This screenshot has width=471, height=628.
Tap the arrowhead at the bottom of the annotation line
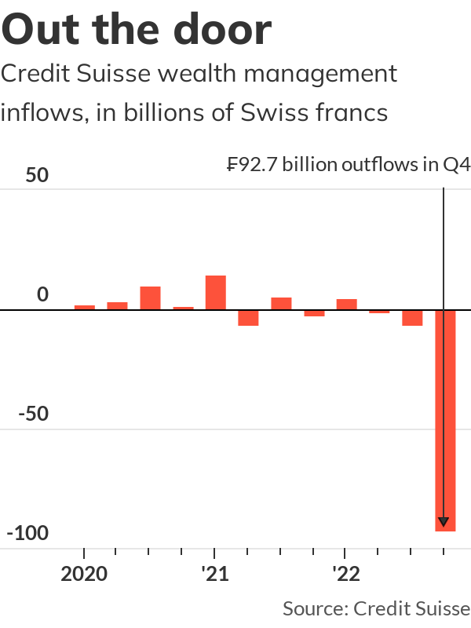coord(444,522)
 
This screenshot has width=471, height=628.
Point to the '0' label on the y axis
coord(43,295)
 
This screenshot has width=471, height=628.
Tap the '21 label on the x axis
coord(214,574)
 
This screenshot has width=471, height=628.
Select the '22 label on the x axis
coord(345,574)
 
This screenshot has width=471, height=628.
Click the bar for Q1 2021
coord(215,293)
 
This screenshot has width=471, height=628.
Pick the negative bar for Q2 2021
coord(248,317)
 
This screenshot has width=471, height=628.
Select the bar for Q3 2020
coord(150,298)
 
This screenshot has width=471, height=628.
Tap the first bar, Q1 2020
coord(85,308)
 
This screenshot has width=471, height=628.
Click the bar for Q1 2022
coord(346,305)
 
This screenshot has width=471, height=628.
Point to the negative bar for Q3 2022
coord(412,317)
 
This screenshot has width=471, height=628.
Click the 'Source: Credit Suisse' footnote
coord(376,608)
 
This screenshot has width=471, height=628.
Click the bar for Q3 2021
coord(281,304)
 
